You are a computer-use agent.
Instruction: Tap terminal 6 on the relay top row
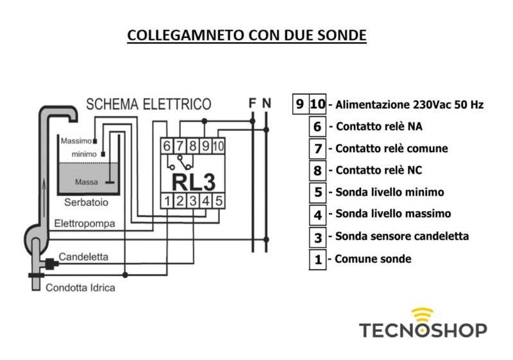[167, 146]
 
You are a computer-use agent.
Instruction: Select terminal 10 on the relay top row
[217, 146]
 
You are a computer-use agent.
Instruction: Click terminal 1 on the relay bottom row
[167, 201]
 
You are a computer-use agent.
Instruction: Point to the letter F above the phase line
[253, 103]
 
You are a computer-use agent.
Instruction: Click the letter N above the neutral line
[267, 103]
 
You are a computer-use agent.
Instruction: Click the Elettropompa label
[85, 224]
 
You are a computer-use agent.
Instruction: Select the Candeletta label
[83, 257]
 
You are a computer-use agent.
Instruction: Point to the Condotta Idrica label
[81, 288]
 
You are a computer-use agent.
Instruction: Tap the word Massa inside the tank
[86, 182]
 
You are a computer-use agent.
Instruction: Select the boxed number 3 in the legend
[317, 237]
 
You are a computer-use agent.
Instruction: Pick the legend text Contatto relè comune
[391, 149]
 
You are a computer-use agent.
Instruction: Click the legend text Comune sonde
[372, 259]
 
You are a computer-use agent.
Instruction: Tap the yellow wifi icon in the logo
[422, 315]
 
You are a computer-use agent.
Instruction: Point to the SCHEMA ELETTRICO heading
[149, 104]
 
